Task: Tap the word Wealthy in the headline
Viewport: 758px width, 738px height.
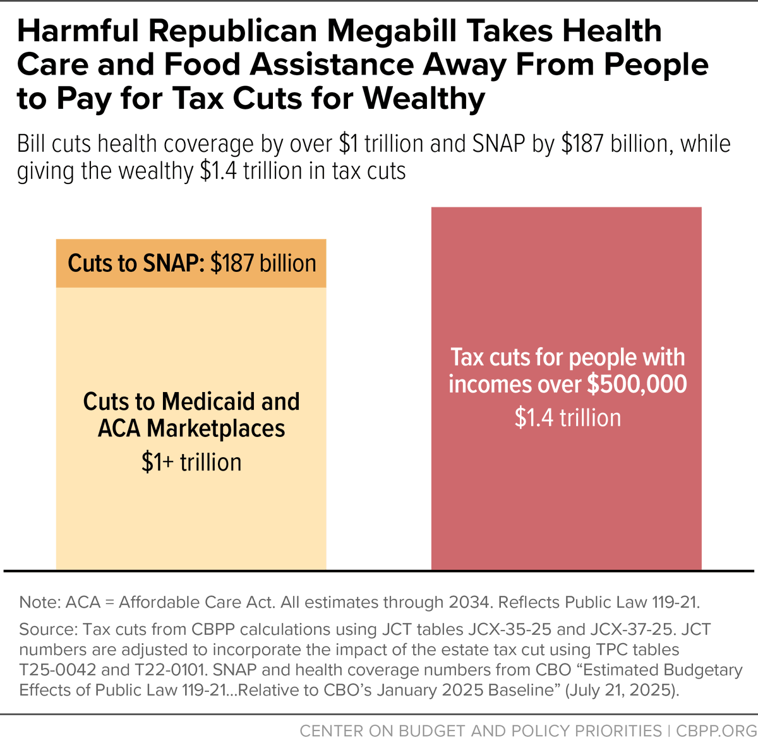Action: coord(424,99)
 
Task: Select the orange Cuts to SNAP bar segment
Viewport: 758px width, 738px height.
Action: coord(191,264)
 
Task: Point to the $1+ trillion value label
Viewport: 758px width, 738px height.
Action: coord(191,463)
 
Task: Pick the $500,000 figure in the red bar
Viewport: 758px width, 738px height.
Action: coord(637,384)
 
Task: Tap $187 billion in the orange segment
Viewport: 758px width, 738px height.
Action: coord(263,264)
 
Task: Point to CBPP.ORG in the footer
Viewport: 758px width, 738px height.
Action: coord(716,730)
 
